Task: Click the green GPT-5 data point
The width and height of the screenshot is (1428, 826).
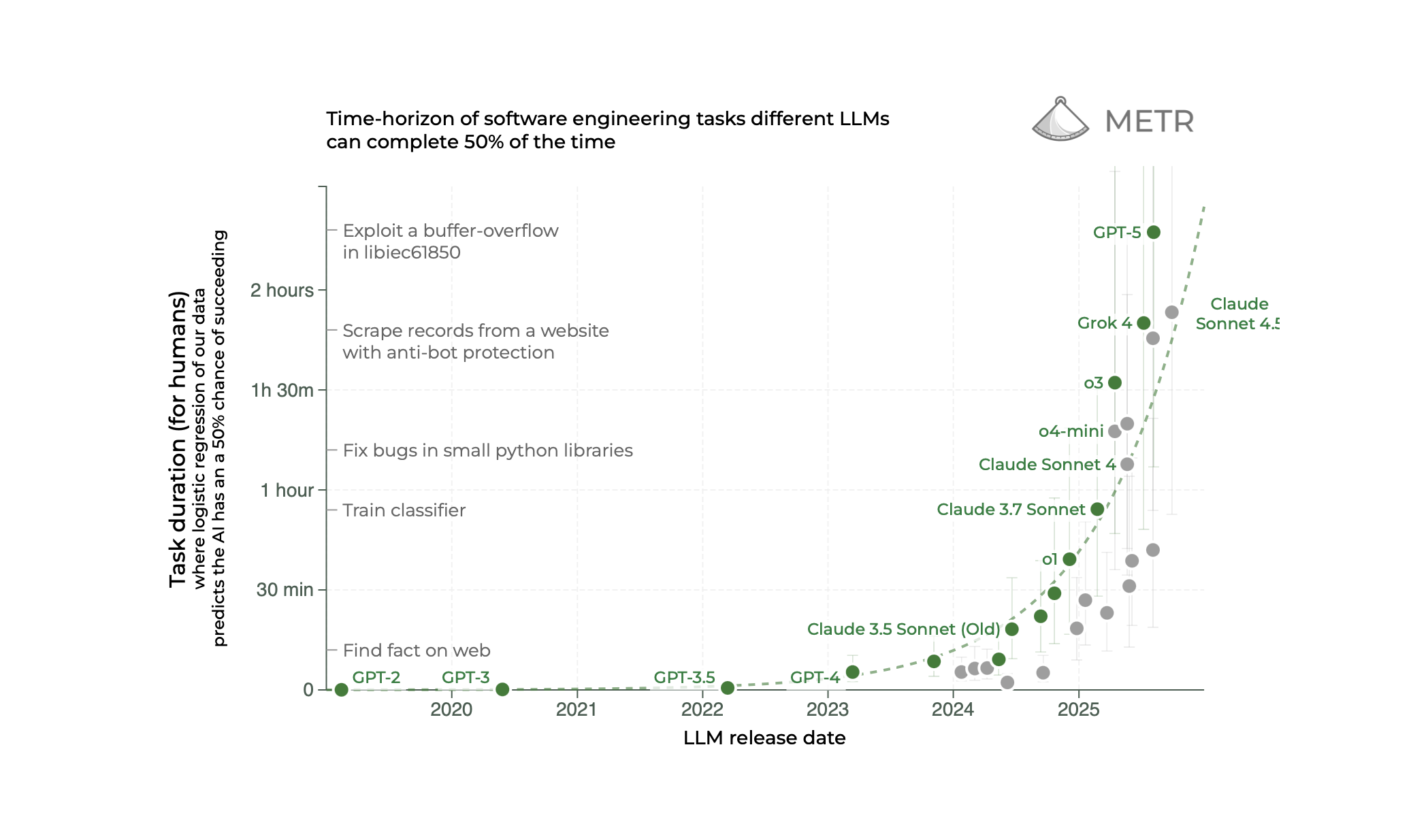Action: (x=1153, y=232)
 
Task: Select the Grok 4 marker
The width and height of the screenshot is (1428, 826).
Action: (x=1143, y=323)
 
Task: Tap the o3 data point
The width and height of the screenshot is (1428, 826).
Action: (x=1115, y=382)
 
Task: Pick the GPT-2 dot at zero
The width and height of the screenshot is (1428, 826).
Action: (x=342, y=690)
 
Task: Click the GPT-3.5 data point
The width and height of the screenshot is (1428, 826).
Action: (x=728, y=688)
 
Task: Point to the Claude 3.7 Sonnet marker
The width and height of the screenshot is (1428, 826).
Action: (x=1097, y=509)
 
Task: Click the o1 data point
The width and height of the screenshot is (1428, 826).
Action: (x=1069, y=559)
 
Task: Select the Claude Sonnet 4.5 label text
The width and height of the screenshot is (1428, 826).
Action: (x=1237, y=314)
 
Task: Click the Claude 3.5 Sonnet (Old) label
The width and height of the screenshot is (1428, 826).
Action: (x=903, y=629)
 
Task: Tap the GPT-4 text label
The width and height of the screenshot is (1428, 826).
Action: (x=815, y=678)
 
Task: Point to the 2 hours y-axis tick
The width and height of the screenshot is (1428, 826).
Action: (x=282, y=291)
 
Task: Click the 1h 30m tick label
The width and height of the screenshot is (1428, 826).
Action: (x=282, y=391)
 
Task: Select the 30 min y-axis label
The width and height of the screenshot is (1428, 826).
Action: (x=285, y=590)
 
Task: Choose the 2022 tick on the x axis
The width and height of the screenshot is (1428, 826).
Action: (x=702, y=710)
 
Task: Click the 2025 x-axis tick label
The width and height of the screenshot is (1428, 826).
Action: (x=1078, y=710)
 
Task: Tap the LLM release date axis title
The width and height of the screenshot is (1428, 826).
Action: (x=764, y=738)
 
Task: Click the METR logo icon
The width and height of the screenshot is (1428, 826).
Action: (x=1060, y=120)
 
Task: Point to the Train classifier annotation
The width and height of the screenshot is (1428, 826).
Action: (x=404, y=510)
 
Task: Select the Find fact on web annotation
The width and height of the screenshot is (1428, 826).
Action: (x=417, y=650)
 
